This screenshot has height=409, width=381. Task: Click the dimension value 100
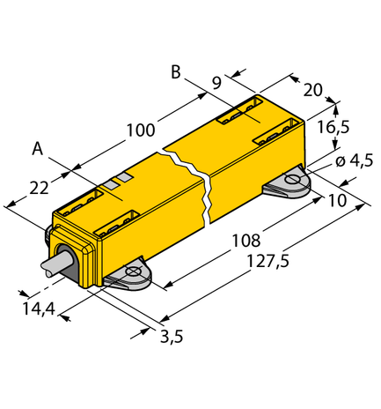pos(140,130)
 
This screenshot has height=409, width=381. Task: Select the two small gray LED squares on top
pos(119,182)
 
